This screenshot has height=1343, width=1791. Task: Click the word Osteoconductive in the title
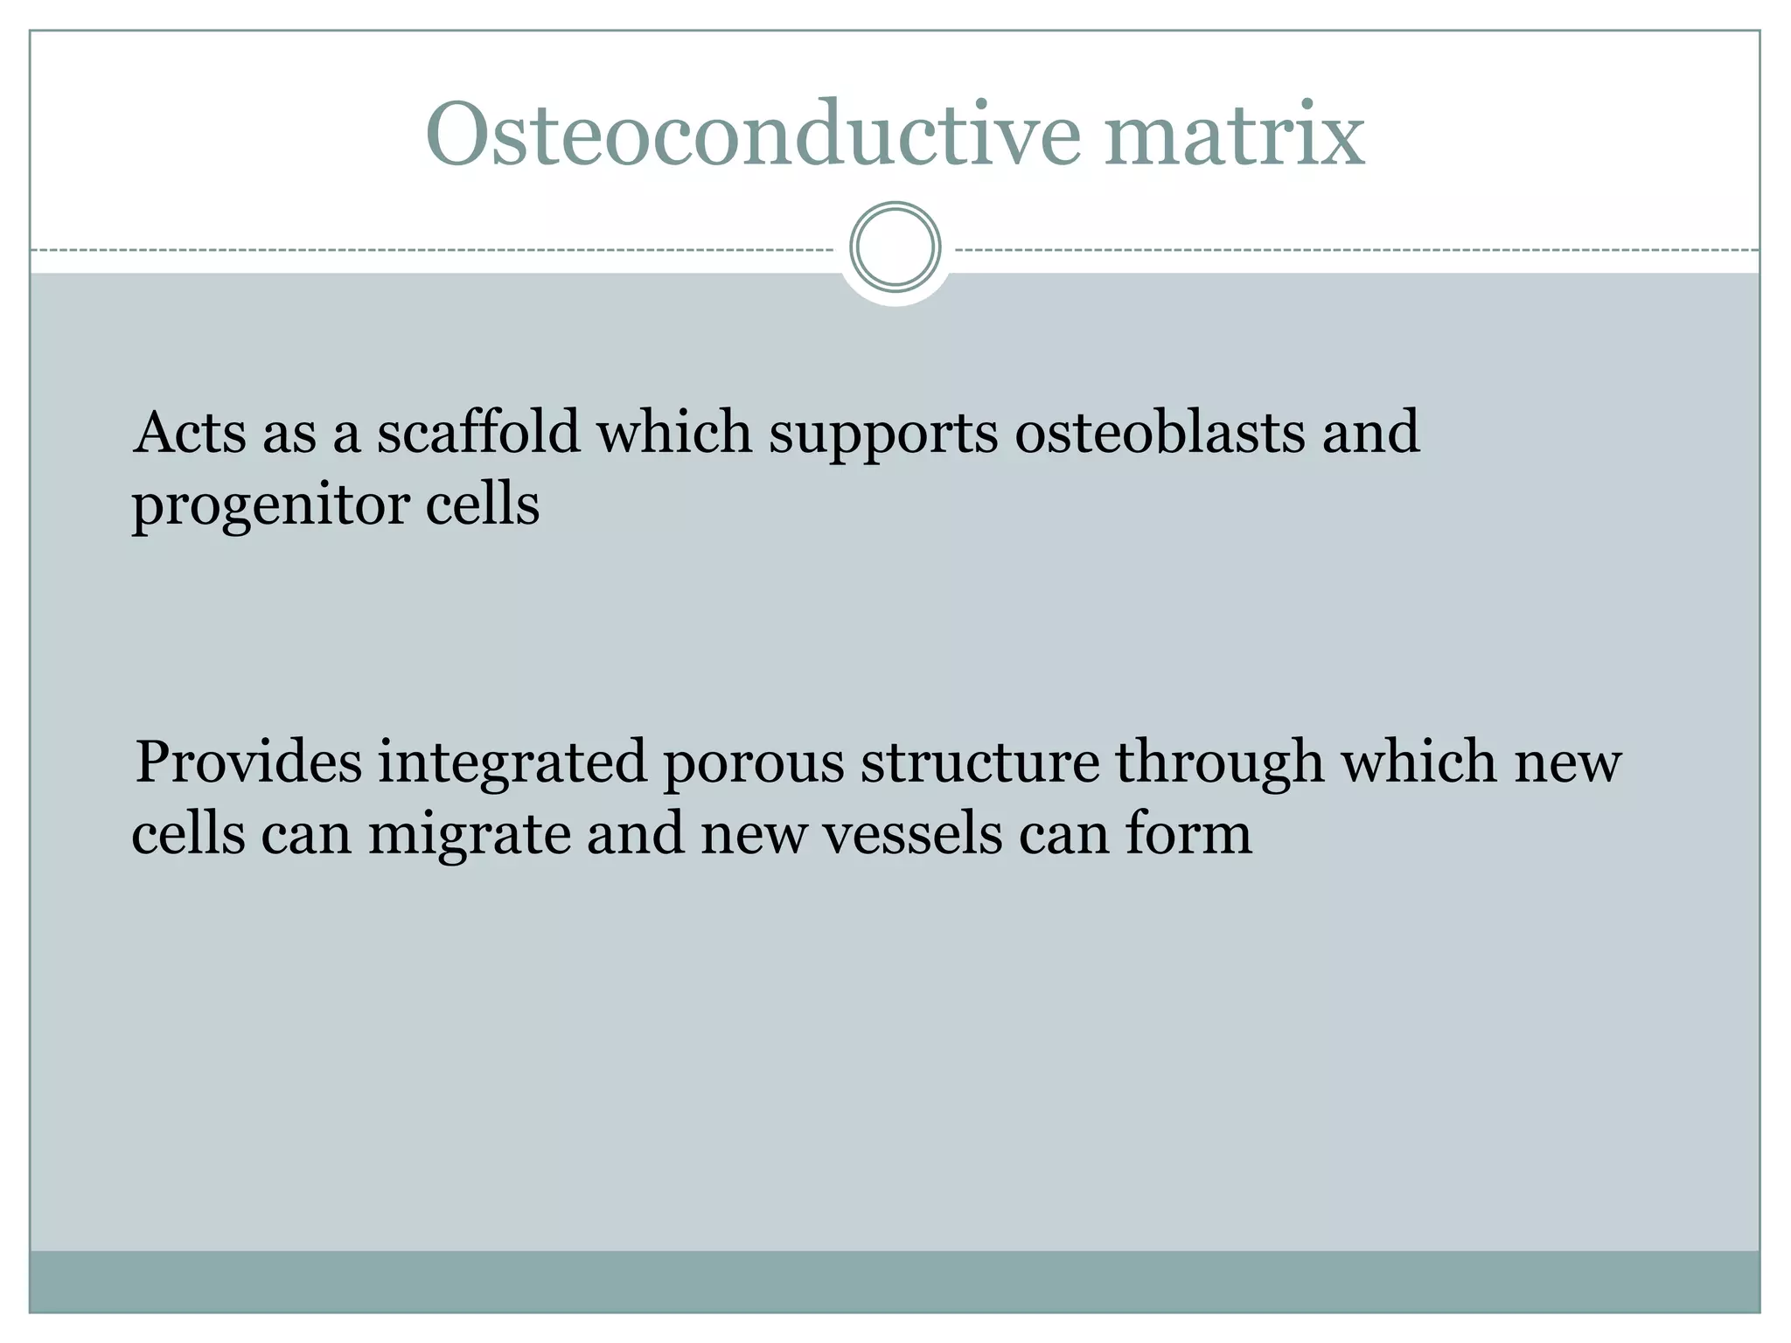[752, 136]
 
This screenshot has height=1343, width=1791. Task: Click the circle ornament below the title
[895, 247]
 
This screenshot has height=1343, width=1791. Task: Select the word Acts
[190, 433]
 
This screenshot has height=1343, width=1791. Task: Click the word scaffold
[478, 433]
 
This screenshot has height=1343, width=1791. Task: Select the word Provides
[248, 762]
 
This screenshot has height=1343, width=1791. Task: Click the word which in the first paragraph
[673, 433]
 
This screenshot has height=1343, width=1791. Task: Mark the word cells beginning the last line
[188, 833]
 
